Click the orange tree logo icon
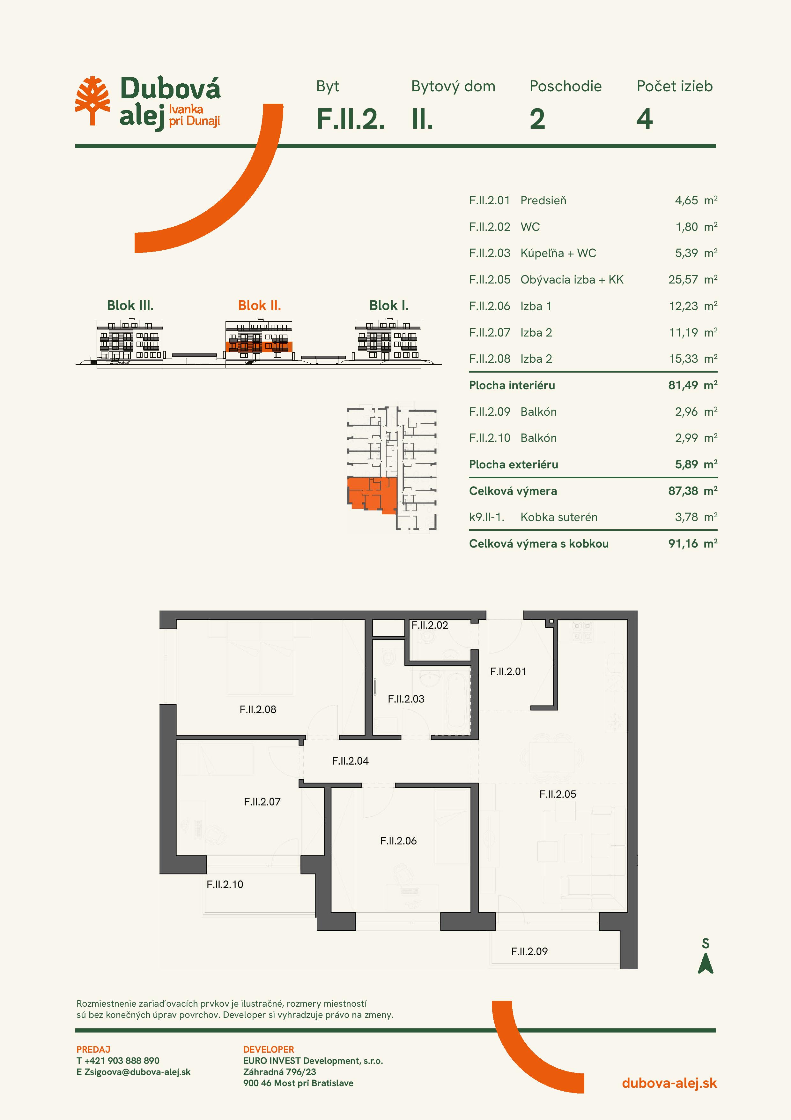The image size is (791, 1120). point(92,101)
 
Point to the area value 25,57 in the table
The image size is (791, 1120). point(683,279)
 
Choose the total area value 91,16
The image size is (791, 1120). point(683,543)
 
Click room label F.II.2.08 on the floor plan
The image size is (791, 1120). point(258,709)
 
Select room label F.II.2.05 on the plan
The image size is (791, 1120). point(558,794)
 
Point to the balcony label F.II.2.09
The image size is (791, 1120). point(529,951)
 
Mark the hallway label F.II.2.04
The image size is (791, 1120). point(351,761)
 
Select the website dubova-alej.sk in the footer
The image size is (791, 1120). point(669,1083)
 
